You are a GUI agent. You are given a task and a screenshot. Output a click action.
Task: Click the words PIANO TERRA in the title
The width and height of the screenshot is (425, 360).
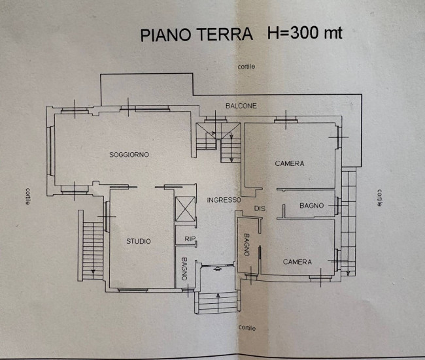tap(196, 35)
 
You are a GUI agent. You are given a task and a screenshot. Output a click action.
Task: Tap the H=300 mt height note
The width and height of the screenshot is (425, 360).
tap(304, 33)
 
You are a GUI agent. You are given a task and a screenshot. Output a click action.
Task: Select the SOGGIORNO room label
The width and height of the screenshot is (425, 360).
tap(129, 155)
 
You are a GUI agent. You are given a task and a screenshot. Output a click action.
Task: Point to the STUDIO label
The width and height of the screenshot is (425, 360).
tap(139, 242)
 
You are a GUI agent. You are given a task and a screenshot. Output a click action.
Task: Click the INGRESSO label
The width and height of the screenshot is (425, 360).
tap(224, 200)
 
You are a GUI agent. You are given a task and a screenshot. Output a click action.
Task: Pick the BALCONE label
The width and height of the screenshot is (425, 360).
tap(241, 106)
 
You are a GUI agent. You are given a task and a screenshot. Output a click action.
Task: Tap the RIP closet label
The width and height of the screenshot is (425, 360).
tap(190, 238)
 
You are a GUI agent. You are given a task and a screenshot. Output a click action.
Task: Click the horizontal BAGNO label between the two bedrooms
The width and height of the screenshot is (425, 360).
tap(312, 206)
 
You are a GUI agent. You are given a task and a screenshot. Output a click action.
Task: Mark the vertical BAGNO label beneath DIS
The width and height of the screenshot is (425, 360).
tap(247, 245)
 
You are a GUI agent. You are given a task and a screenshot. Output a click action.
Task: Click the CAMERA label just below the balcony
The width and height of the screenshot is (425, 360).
tap(289, 163)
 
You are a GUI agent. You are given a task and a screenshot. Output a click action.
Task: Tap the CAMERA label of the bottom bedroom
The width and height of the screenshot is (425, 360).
tap(297, 262)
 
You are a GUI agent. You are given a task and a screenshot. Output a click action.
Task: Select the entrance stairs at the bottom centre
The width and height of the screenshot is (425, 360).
tap(218, 302)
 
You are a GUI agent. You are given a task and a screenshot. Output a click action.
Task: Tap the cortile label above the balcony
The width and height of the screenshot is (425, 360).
tap(246, 67)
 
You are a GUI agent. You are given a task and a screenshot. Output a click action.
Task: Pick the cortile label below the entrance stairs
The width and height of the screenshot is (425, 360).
tap(246, 327)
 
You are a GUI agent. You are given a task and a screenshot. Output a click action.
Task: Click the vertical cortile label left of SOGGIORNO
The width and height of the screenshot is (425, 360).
tap(26, 196)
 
